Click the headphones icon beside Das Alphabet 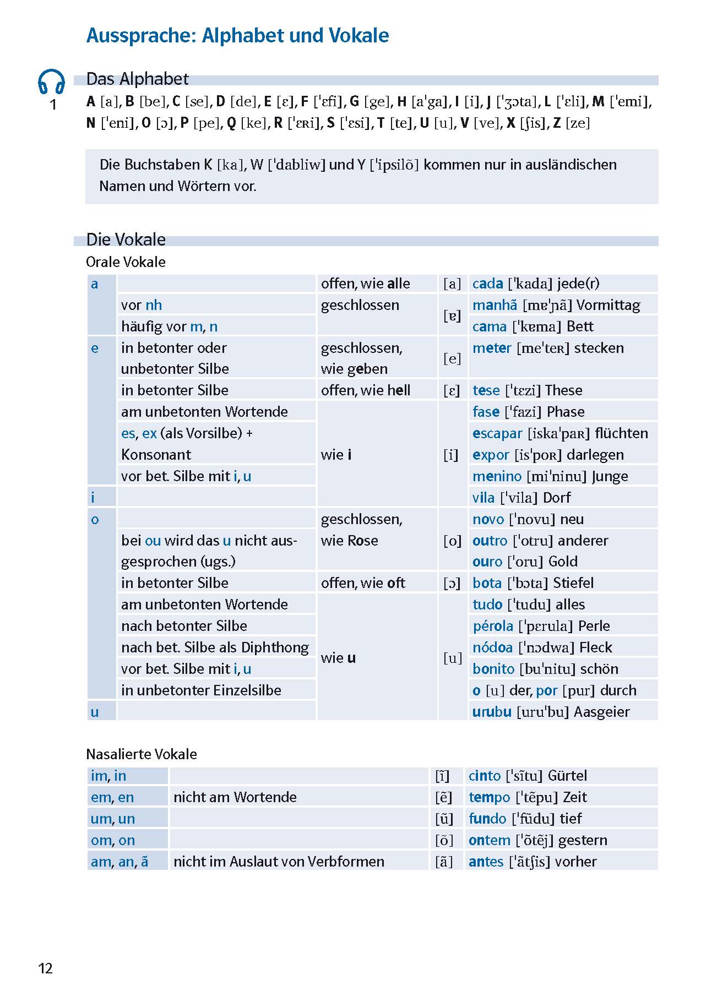click(x=51, y=81)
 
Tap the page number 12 click(x=45, y=968)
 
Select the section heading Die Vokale click(x=126, y=239)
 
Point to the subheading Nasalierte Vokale click(x=142, y=754)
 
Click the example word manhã click(x=494, y=305)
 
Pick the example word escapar click(x=497, y=433)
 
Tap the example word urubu click(x=492, y=712)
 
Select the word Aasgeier click(x=601, y=712)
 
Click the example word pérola click(x=493, y=626)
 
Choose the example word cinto click(x=485, y=776)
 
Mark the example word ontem click(x=489, y=840)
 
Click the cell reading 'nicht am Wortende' click(x=235, y=797)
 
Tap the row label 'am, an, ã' click(x=119, y=862)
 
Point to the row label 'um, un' click(x=113, y=819)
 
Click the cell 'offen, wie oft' click(x=363, y=583)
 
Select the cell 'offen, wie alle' click(x=365, y=284)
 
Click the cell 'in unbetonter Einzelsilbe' click(x=201, y=690)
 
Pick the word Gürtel click(x=567, y=776)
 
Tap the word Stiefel click(x=573, y=583)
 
